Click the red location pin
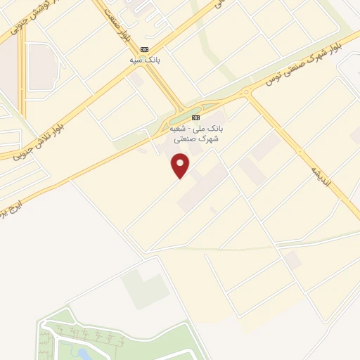tap(181, 166)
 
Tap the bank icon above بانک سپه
tap(145, 49)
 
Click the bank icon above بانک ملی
tap(195, 117)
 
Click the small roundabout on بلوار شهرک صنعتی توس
tap(246, 92)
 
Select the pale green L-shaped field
tap(143, 288)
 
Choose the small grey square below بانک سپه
tap(138, 82)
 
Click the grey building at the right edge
tap(355, 134)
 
